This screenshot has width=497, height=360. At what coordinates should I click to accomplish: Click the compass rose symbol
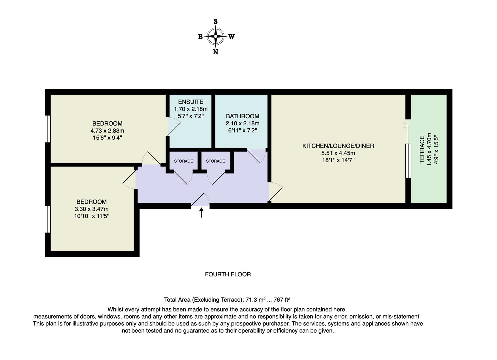[x=216, y=36]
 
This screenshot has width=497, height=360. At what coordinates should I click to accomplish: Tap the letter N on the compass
[x=215, y=52]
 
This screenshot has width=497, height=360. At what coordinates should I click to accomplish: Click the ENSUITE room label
[x=191, y=102]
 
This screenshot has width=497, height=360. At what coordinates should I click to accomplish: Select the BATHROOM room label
[x=242, y=116]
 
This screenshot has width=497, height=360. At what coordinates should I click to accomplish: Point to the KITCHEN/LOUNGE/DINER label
[x=338, y=146]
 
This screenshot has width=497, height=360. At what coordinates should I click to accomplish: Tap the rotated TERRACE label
[x=422, y=149]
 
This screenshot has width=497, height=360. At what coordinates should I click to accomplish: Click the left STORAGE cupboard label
[x=183, y=161]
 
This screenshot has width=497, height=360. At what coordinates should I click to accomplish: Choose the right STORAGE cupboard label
[x=215, y=161]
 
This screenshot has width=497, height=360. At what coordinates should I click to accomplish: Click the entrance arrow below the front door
[x=201, y=213]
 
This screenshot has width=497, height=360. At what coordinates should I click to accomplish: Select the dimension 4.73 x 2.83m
[x=107, y=131]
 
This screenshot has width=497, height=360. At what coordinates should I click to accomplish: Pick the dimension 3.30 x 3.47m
[x=92, y=209]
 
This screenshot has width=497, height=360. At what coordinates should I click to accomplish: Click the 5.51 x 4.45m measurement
[x=338, y=153]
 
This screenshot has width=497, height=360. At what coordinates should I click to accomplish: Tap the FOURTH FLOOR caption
[x=228, y=274]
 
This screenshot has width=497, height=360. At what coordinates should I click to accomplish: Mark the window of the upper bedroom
[x=48, y=129]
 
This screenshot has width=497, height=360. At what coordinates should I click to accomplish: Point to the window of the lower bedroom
[x=48, y=219]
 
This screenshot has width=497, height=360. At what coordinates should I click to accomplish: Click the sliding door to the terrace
[x=408, y=161]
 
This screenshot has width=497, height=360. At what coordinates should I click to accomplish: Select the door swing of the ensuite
[x=174, y=127]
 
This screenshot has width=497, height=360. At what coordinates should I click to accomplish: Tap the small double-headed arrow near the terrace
[x=405, y=125]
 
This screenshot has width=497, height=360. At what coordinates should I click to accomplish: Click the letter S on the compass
[x=216, y=22]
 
